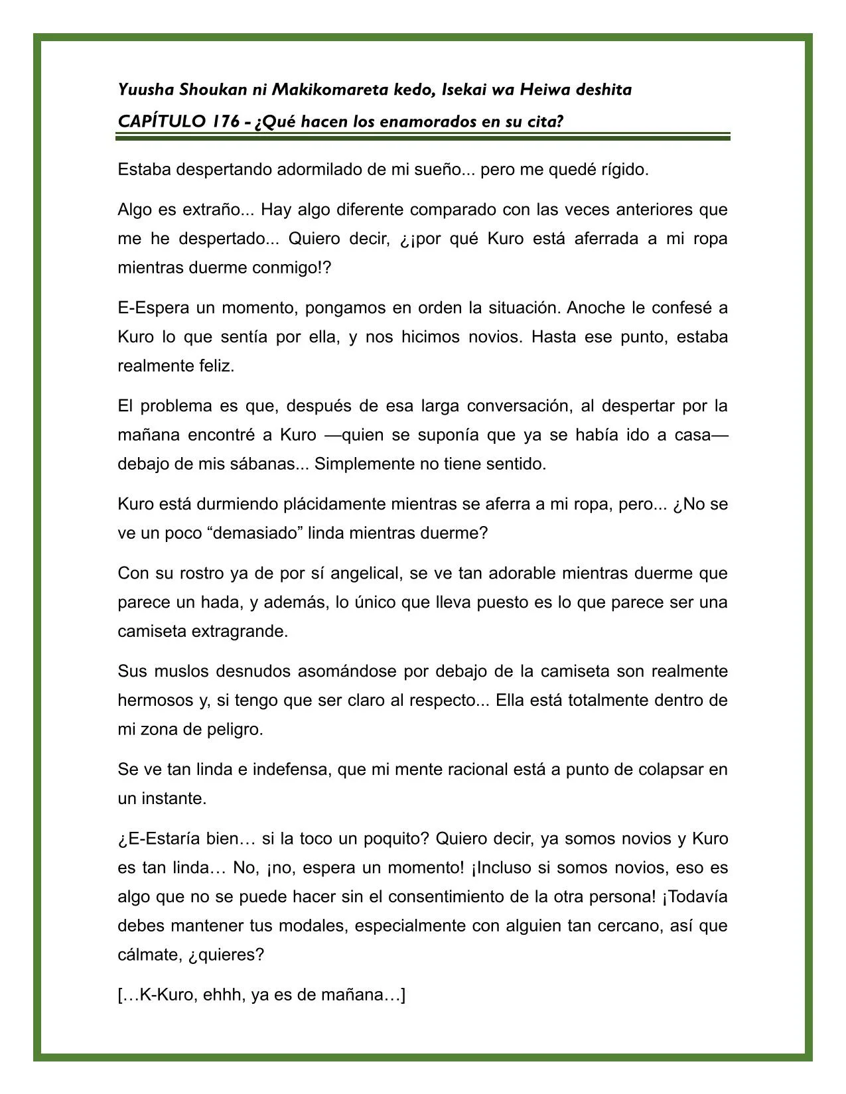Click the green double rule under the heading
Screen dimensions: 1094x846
[423, 137]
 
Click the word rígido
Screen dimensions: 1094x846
[624, 170]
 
